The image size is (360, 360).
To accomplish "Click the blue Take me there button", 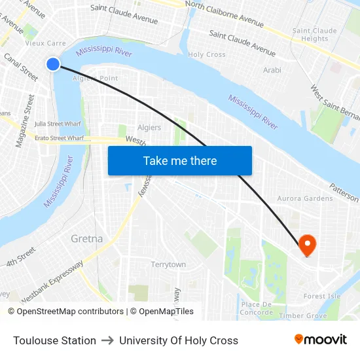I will pos(180,160).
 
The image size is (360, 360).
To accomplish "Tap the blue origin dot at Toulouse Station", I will pos(53,63).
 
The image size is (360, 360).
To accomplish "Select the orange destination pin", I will pos(307,245).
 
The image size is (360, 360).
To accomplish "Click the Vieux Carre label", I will pos(45,43).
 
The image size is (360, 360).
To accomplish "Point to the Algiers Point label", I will pos(95,78).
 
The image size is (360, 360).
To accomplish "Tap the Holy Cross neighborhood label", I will pos(207,55).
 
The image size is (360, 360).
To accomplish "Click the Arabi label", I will pos(272,70).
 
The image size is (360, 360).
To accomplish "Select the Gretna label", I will pos(86,239).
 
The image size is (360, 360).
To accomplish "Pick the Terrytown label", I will pos(168,264).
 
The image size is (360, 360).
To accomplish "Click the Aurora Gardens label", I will pos(305,198).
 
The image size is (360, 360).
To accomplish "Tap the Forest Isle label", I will pos(322,296).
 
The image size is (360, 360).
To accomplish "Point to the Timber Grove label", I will pos(303,315).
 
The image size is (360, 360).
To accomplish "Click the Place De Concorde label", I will pos(257,308).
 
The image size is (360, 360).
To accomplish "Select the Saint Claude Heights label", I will pos(315,35).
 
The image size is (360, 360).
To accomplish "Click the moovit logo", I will pos(320,340).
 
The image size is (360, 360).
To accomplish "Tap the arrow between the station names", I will pos(107,340).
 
